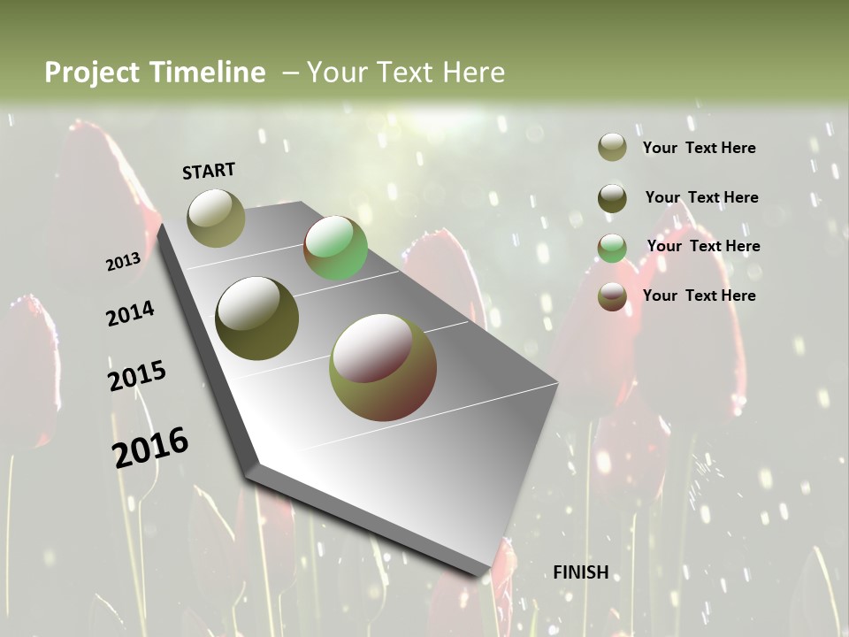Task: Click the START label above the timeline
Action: click(x=209, y=171)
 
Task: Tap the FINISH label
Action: click(x=581, y=572)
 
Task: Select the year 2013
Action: click(x=123, y=261)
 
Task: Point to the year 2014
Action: click(x=130, y=313)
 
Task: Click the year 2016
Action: click(x=150, y=447)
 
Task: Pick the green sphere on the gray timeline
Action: click(x=335, y=249)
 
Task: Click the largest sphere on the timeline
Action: click(x=383, y=367)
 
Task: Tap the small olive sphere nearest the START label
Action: click(x=217, y=218)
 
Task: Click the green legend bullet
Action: click(x=612, y=248)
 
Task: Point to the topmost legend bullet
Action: click(x=612, y=147)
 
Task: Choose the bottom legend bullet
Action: click(x=612, y=296)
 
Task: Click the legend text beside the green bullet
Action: click(x=703, y=246)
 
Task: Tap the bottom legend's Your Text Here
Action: click(x=699, y=295)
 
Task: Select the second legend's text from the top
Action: click(x=701, y=197)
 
